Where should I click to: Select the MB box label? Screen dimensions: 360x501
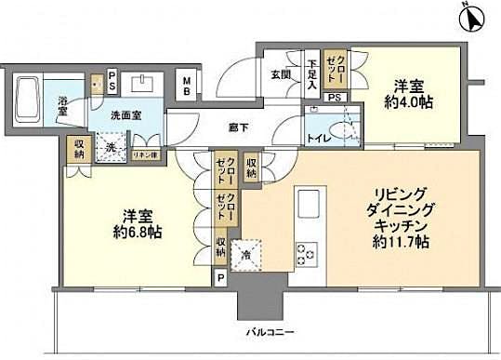point(188,85)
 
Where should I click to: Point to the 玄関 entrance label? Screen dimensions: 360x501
point(283,75)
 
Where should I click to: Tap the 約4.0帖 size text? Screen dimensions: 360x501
point(407,102)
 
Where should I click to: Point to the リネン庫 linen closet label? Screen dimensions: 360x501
point(143,155)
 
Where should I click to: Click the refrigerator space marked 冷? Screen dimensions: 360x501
point(246,254)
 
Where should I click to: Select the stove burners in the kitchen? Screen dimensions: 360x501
point(306,252)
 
